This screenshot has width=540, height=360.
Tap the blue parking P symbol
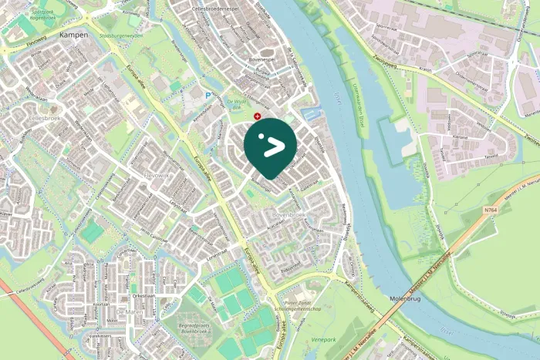tap(208, 96)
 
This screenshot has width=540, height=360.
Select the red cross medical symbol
tap(257, 116)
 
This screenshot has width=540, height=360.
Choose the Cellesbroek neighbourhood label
tap(46, 118)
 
